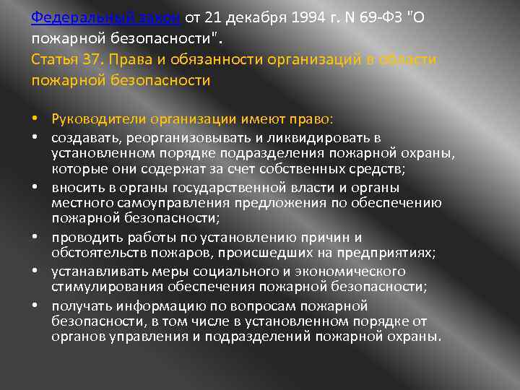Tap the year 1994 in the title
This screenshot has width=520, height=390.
point(274,17)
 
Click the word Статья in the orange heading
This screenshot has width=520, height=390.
point(55,58)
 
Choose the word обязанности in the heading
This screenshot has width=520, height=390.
point(199,58)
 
